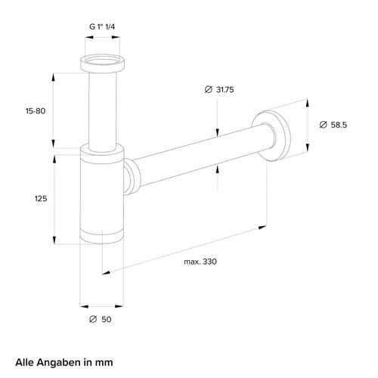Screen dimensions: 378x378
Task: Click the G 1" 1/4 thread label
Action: [101, 26]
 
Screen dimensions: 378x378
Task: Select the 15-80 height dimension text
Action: [36, 111]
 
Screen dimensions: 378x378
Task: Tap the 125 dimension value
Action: [41, 198]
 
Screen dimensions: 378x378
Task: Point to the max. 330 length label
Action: [200, 262]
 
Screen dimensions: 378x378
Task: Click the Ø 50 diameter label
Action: [101, 320]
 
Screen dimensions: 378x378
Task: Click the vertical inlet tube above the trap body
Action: [101, 110]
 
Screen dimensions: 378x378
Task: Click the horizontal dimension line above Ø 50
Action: [101, 305]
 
